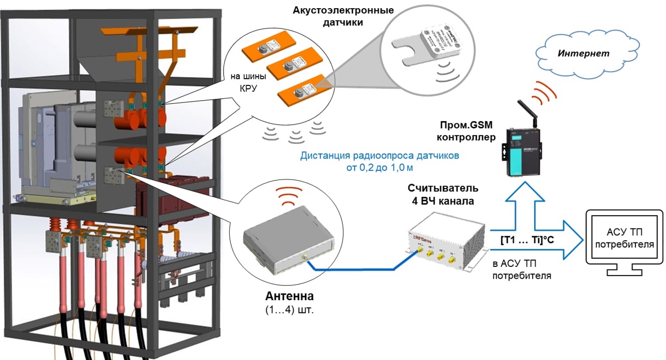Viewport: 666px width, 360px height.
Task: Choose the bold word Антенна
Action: coord(289,297)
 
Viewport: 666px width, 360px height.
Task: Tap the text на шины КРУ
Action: coord(249,82)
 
